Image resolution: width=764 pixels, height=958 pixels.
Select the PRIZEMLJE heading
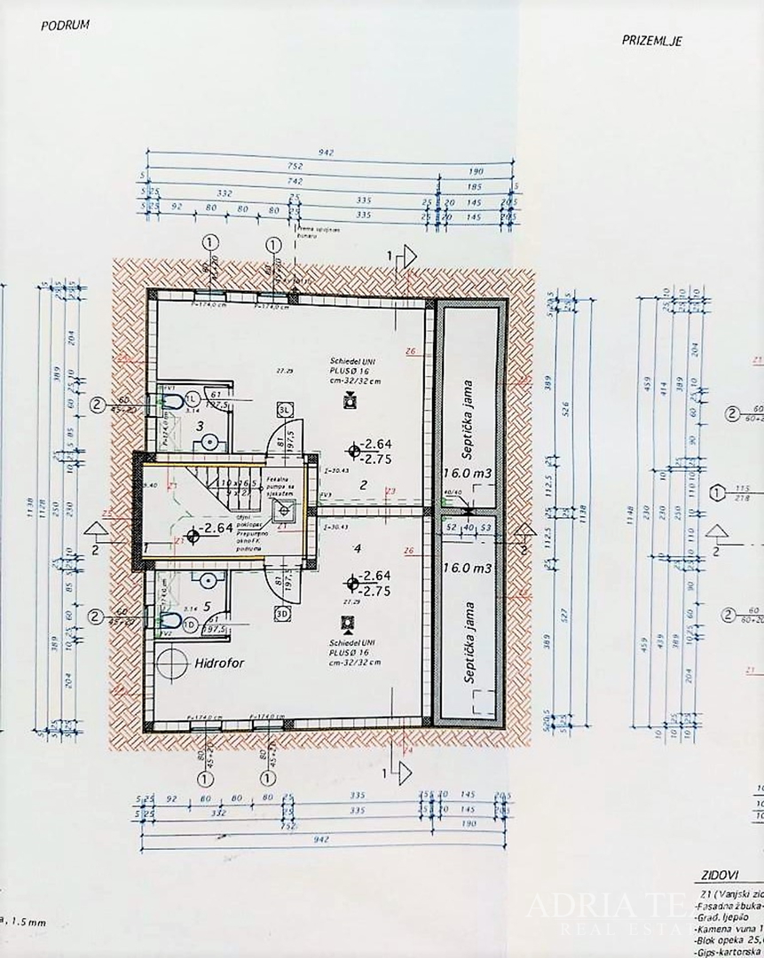(x=651, y=41)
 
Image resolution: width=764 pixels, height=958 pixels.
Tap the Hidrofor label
(x=219, y=662)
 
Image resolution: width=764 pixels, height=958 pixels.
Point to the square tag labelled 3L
(x=284, y=410)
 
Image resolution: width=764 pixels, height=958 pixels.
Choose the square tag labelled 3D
(x=284, y=611)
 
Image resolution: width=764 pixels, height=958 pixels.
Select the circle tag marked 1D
(x=189, y=623)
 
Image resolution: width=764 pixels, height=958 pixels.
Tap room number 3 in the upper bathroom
(x=201, y=426)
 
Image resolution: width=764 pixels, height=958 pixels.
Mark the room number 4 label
(x=357, y=549)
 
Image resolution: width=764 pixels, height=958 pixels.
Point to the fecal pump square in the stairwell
(x=284, y=509)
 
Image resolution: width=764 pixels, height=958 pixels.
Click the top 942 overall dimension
(x=328, y=153)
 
